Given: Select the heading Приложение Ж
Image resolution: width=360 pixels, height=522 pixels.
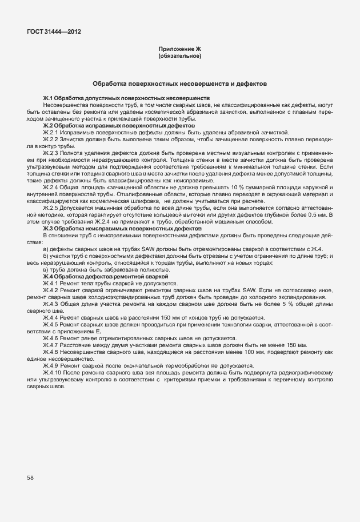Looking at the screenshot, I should click(x=179, y=50).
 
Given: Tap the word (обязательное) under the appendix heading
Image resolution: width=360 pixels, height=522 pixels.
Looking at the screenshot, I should click(x=179, y=57).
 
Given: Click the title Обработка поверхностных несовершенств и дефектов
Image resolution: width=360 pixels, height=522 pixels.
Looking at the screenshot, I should click(x=179, y=83).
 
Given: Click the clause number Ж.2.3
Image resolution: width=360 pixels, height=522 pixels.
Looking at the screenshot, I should click(x=51, y=153).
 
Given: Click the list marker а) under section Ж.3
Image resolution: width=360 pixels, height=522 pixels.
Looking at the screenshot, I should click(x=46, y=249).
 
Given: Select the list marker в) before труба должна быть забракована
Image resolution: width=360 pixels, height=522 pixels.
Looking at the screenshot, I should click(x=46, y=270).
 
